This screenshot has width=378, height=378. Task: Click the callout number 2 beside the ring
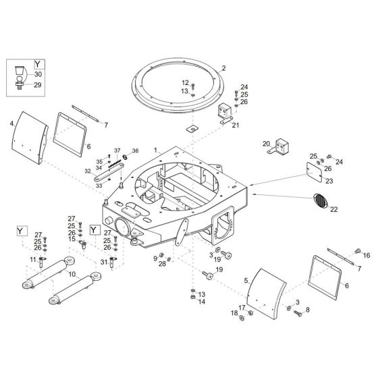click(223, 68)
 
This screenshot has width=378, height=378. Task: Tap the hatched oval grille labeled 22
click(321, 201)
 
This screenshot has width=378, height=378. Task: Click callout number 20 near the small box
click(266, 143)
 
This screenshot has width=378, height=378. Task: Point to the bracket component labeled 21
click(225, 114)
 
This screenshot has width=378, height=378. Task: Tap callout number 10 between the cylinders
click(73, 275)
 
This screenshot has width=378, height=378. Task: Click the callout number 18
click(234, 313)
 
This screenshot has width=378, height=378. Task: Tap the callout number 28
click(163, 264)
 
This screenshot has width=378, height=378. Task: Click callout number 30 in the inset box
click(38, 74)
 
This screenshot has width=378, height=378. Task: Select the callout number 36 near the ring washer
click(135, 150)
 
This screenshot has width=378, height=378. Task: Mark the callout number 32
click(86, 172)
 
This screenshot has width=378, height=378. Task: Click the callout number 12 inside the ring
click(185, 82)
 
